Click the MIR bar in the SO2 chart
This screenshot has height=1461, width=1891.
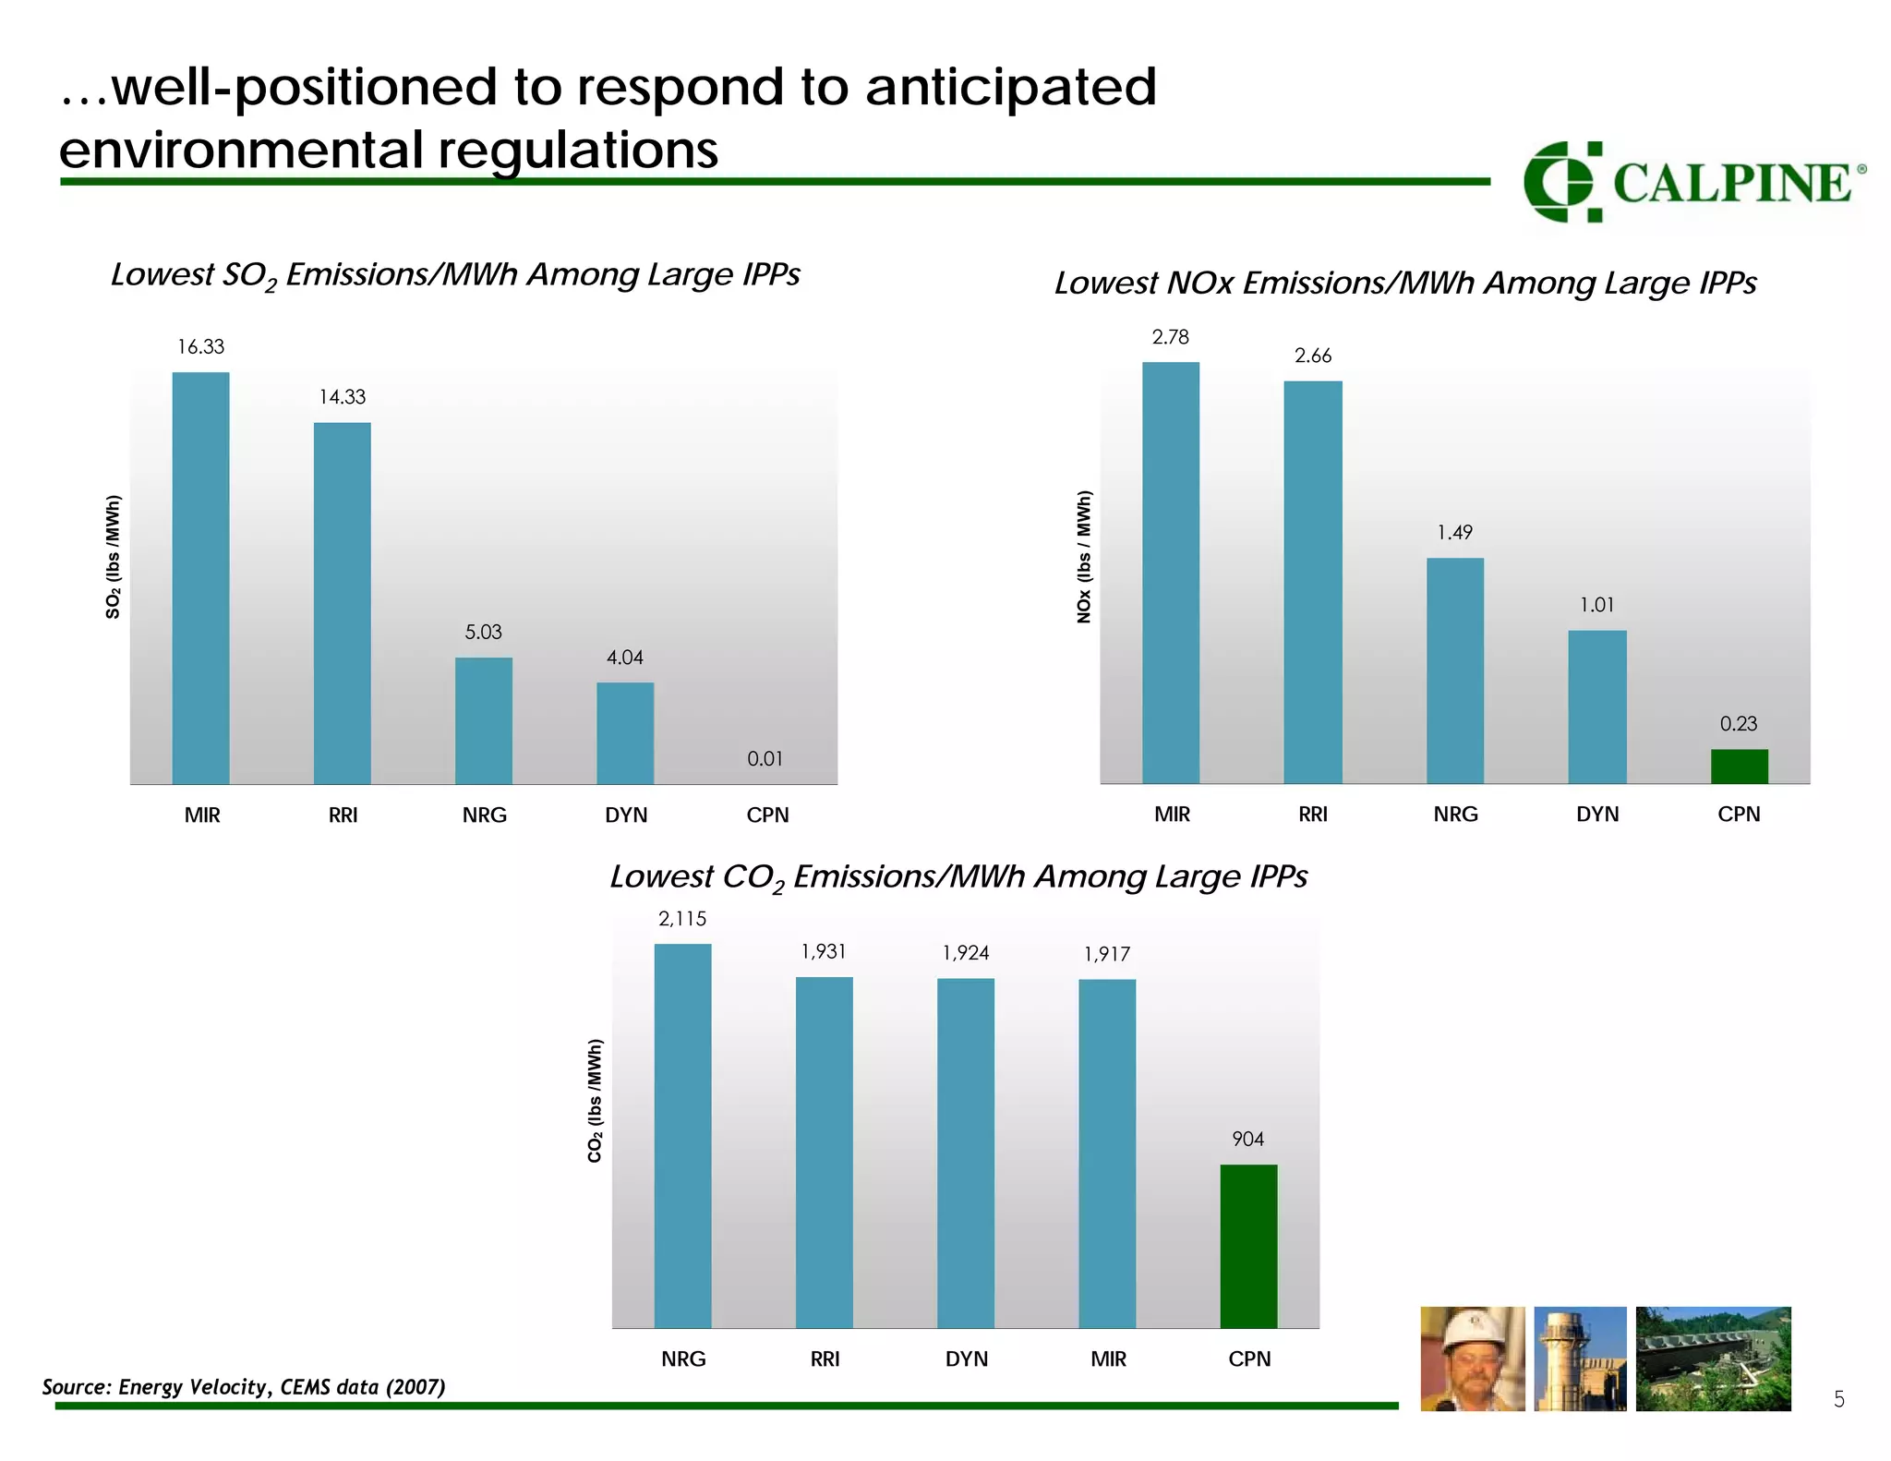point(200,578)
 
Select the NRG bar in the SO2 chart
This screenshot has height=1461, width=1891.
point(483,720)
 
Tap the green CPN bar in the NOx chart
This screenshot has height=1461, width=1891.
point(1739,766)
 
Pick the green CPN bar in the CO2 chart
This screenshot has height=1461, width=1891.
point(1248,1246)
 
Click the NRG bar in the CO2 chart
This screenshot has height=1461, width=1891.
point(682,1136)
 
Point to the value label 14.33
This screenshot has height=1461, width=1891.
point(342,397)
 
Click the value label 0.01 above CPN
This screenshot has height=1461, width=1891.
point(765,759)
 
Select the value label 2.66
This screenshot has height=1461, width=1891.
point(1312,356)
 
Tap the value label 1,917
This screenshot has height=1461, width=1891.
point(1106,954)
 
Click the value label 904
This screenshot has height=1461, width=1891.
point(1247,1139)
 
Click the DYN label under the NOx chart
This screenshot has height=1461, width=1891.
point(1596,815)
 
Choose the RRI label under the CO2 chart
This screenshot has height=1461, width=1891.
point(825,1358)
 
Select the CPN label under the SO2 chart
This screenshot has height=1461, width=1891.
point(767,815)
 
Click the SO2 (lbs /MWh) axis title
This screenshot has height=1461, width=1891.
point(113,557)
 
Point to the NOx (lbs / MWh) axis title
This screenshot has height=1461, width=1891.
point(1084,556)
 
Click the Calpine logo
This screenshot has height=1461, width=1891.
point(1693,182)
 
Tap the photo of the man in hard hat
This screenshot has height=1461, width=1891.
point(1472,1358)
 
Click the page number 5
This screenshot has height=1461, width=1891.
point(1838,1400)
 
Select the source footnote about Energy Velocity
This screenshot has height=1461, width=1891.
point(244,1386)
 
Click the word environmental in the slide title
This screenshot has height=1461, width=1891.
point(244,150)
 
